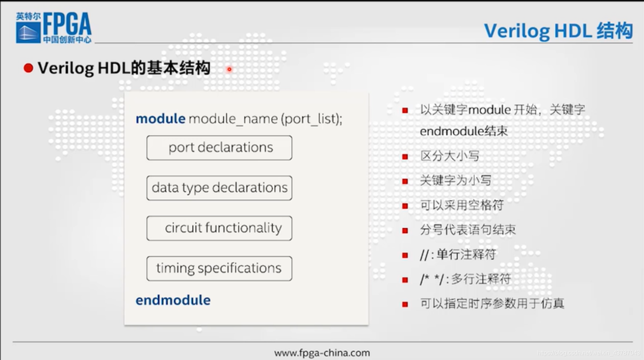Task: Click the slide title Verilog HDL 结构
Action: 558,31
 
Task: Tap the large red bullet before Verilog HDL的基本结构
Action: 28,68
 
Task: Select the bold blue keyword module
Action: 160,119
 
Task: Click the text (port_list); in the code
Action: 311,119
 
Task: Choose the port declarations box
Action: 219,148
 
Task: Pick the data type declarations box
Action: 219,188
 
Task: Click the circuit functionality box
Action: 219,228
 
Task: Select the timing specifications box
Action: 219,268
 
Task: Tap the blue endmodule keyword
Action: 173,300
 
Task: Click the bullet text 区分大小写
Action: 450,156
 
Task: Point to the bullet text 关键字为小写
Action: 456,180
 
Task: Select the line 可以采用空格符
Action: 462,205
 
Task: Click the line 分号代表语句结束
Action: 468,230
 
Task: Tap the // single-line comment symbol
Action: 424,255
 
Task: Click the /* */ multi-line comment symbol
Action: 432,279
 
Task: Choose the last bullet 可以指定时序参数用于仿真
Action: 492,303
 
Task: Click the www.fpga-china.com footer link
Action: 322,353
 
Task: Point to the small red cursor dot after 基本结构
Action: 229,69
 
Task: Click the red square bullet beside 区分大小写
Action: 405,157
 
